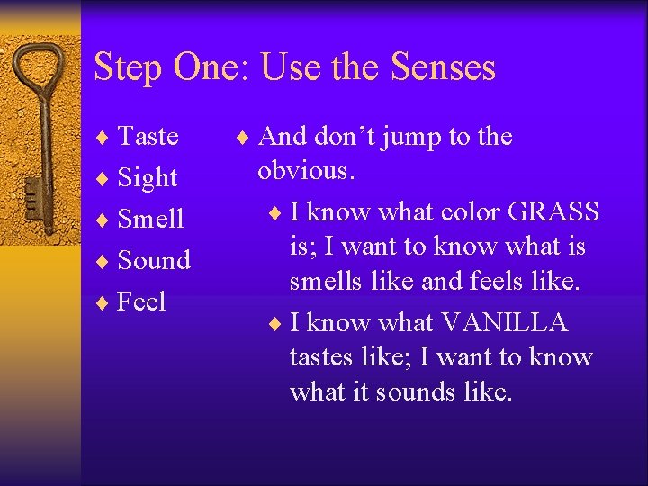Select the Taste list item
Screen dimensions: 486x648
pos(148,136)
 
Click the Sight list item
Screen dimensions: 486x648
pos(148,178)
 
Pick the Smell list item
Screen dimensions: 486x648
pos(151,219)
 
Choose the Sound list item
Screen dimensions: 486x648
pos(155,260)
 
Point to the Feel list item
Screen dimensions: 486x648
pos(142,301)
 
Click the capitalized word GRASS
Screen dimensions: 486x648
pos(553,211)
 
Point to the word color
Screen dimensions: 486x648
pos(468,211)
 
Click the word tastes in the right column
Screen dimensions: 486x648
pos(321,357)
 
